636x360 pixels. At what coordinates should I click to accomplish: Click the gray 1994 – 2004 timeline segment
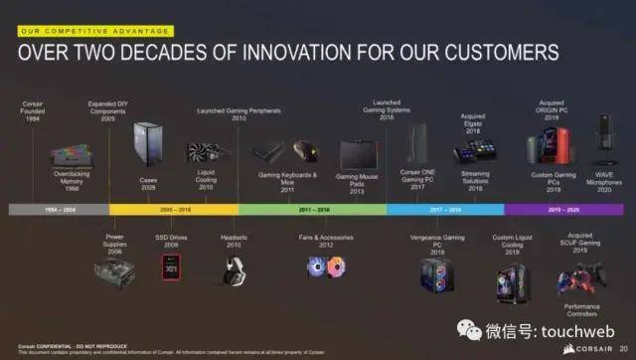(x=58, y=210)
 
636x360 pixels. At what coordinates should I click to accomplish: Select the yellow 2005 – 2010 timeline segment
(x=173, y=210)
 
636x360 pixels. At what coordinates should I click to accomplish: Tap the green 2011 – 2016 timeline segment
(x=312, y=210)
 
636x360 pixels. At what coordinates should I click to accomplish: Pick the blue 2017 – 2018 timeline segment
(x=444, y=210)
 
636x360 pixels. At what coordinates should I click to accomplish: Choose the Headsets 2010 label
(x=236, y=242)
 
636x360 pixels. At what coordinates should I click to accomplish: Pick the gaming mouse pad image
(x=357, y=156)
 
